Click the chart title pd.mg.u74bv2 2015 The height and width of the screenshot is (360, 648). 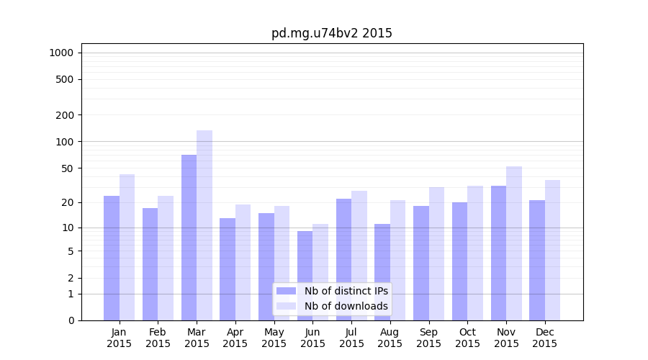point(331,33)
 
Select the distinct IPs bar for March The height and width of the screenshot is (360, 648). point(189,238)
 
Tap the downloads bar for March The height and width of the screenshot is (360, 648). point(204,225)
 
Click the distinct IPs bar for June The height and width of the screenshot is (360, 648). point(305,276)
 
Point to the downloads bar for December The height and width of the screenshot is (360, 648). point(553,250)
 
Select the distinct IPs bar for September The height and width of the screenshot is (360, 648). point(421,263)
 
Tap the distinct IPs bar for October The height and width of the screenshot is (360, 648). point(460,261)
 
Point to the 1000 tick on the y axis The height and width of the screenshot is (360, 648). point(61,53)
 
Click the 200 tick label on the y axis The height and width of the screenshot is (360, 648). point(65,115)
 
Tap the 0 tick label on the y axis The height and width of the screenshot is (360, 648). point(71,320)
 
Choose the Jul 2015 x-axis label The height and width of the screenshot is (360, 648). point(351,338)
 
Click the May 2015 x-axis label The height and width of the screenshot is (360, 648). point(274,338)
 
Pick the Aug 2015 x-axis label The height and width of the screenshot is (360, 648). point(390,338)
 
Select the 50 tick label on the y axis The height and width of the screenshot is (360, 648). point(68,168)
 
